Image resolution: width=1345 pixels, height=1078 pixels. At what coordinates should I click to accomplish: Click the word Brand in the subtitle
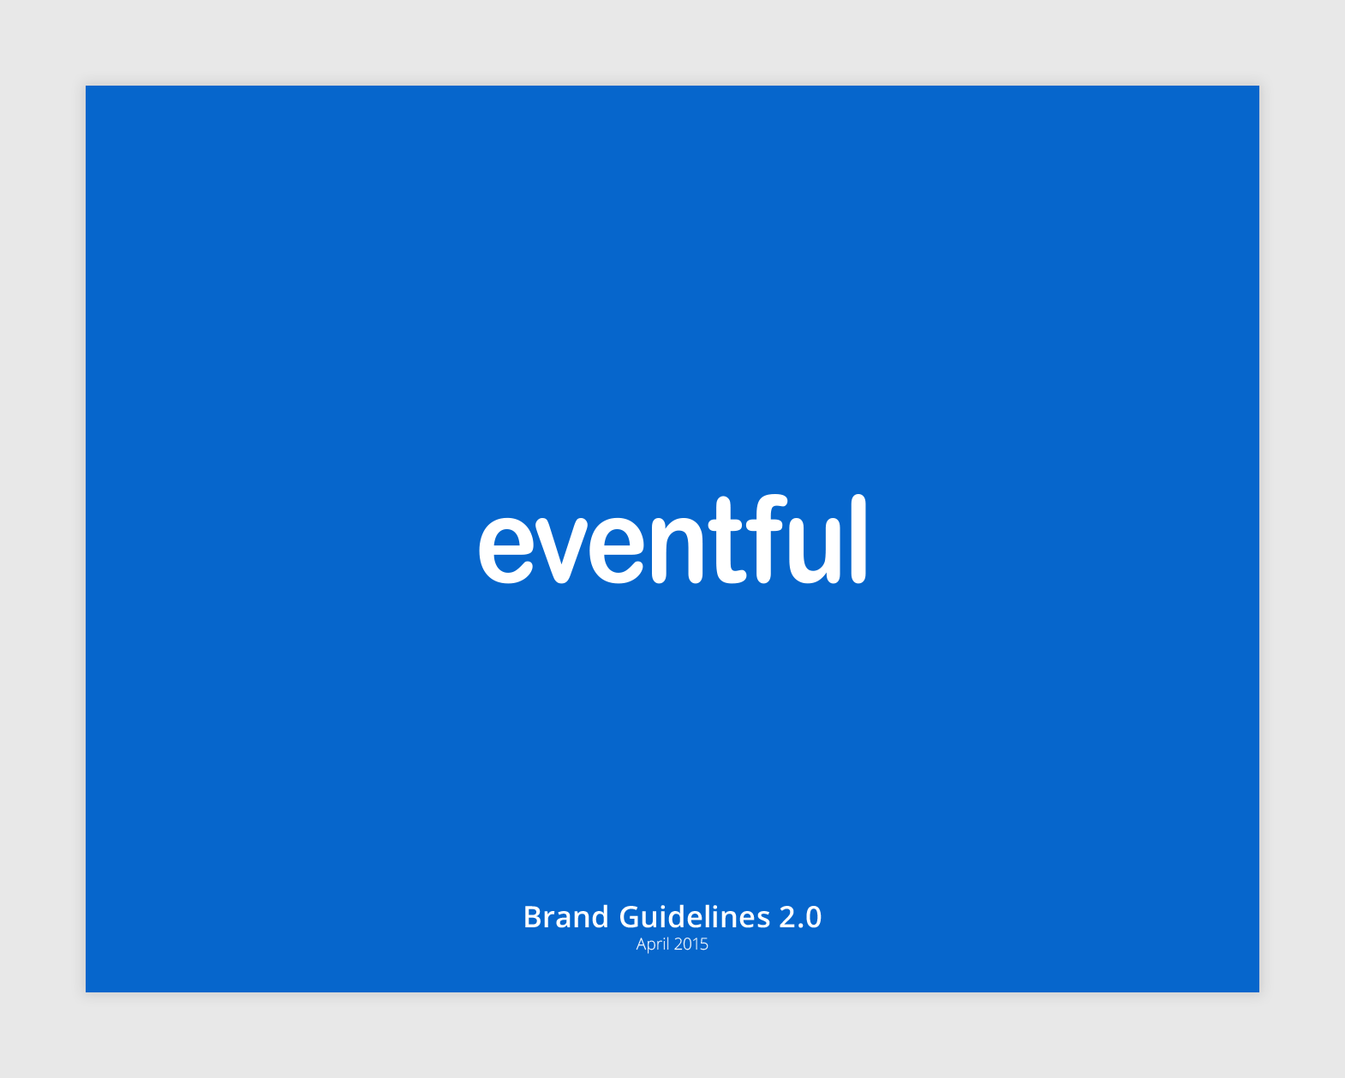(x=565, y=917)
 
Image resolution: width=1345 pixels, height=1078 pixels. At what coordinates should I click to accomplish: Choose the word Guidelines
(x=694, y=917)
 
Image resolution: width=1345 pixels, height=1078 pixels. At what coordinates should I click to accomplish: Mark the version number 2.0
(x=800, y=917)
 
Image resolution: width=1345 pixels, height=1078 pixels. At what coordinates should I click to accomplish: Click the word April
(x=652, y=944)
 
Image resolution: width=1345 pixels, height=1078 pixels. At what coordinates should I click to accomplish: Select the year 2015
(x=690, y=944)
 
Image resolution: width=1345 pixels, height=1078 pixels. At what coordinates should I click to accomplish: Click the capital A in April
(x=641, y=944)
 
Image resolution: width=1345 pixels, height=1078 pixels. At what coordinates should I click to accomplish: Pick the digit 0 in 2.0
(x=813, y=917)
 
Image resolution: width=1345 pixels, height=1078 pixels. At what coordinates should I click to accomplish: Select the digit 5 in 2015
(x=704, y=944)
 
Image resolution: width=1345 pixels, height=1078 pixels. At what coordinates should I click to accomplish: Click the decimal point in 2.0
(x=800, y=926)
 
